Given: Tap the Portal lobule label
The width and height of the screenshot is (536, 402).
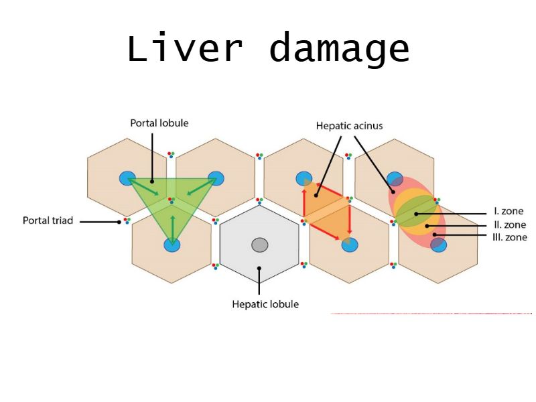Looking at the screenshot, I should pyautogui.click(x=159, y=123).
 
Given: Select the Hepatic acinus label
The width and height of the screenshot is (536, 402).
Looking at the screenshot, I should pyautogui.click(x=348, y=125).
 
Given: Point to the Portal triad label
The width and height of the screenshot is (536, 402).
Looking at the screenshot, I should pyautogui.click(x=48, y=220).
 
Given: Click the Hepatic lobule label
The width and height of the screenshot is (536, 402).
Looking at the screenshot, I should pyautogui.click(x=265, y=304).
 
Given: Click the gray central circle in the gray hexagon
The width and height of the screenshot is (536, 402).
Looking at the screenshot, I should pyautogui.click(x=260, y=245).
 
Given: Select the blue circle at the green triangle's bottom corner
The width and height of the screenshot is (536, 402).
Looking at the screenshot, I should pyautogui.click(x=172, y=245).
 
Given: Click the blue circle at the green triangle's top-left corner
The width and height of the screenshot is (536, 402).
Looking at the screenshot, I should pyautogui.click(x=127, y=178).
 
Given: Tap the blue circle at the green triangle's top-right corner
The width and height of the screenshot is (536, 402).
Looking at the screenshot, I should pyautogui.click(x=216, y=178).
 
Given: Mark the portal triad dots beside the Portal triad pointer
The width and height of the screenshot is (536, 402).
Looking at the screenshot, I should pyautogui.click(x=127, y=220).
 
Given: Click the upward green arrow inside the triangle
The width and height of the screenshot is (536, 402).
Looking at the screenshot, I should pyautogui.click(x=172, y=226).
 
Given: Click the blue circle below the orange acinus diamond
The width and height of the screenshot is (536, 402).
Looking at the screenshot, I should pyautogui.click(x=349, y=245).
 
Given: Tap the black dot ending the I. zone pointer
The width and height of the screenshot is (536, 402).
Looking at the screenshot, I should pyautogui.click(x=416, y=214).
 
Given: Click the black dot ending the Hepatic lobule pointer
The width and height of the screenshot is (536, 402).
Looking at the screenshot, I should pyautogui.click(x=260, y=269).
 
